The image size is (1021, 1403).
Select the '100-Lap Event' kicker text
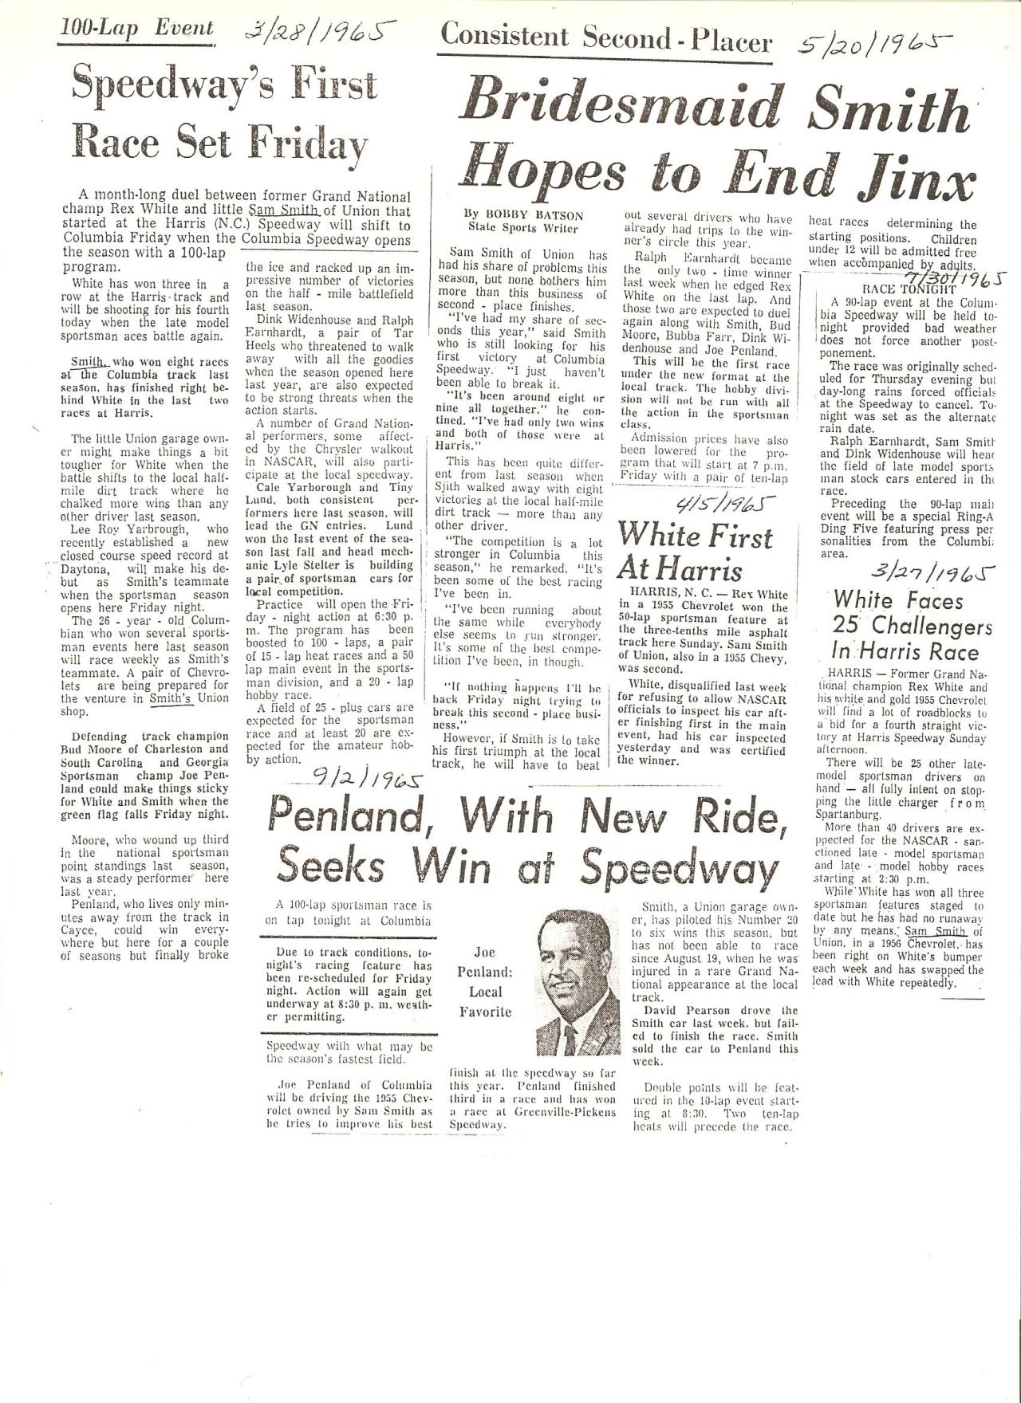(137, 29)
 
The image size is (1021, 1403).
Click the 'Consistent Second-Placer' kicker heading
(606, 37)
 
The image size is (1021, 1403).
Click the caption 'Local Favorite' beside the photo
(485, 1001)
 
